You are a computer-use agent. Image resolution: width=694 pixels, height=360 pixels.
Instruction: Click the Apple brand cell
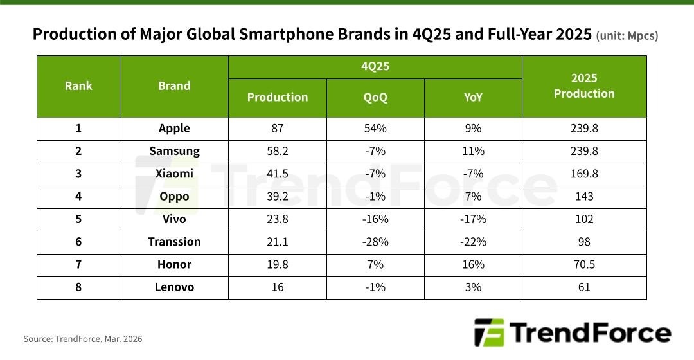point(174,128)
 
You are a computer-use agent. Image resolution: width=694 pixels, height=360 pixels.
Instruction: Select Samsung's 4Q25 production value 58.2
point(278,151)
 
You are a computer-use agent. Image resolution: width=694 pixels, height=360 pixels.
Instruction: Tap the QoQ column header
point(375,98)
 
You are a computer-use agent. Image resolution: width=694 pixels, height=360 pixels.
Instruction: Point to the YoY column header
point(473,98)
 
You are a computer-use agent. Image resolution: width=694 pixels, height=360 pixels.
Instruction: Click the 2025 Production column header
point(584,86)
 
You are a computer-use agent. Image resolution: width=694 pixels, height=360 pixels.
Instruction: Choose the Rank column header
point(78,86)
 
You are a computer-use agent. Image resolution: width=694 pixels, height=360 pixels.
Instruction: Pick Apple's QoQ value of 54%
point(375,128)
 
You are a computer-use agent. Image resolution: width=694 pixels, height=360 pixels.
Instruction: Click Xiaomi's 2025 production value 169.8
point(584,174)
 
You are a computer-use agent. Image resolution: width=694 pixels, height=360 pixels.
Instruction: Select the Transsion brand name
point(174,242)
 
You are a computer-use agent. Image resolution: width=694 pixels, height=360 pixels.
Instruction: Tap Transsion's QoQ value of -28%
point(375,242)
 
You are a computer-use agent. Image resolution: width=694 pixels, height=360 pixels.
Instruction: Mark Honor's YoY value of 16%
point(473,264)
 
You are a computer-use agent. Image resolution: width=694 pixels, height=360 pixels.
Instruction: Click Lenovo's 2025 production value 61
point(584,287)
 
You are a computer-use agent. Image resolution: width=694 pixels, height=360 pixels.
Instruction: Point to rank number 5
point(78,219)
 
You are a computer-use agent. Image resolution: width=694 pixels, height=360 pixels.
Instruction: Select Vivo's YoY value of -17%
point(473,219)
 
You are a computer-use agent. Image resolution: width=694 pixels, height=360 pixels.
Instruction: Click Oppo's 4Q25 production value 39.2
point(278,196)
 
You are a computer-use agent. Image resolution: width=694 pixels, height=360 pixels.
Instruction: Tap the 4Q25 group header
point(375,66)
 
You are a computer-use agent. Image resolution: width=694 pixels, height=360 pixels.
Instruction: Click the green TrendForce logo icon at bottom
point(490,333)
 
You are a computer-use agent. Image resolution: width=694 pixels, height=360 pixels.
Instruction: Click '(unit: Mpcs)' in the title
point(627,36)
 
